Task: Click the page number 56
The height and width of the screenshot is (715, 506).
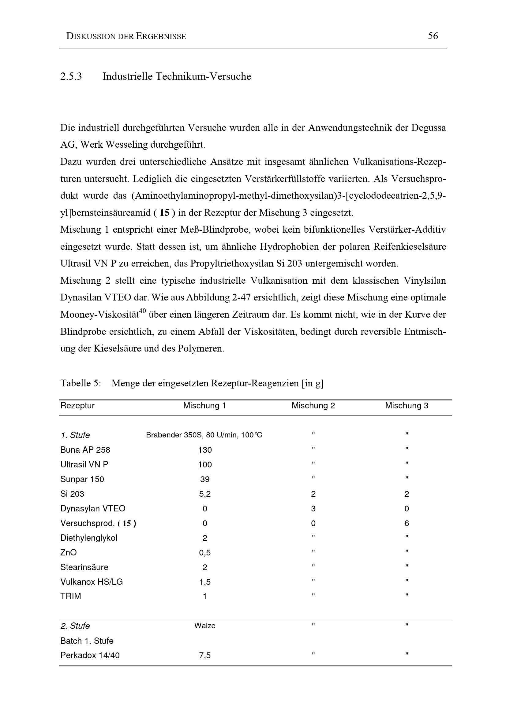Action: tap(433, 36)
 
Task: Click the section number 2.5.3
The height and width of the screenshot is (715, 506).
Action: tap(71, 77)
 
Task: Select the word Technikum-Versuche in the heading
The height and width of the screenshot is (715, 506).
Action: tap(203, 77)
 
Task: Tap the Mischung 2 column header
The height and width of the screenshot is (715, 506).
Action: tap(313, 405)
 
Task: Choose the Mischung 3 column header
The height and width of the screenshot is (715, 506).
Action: tap(407, 405)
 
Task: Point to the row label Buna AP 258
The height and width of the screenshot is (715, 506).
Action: tap(85, 450)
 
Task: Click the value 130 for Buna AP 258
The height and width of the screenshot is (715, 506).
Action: tap(205, 450)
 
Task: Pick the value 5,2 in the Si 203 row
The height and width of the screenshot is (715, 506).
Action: tap(205, 494)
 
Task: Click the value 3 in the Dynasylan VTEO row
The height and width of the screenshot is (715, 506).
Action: tap(313, 509)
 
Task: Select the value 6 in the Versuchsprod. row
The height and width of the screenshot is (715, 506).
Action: tap(407, 523)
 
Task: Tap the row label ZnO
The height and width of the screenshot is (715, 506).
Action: tap(68, 552)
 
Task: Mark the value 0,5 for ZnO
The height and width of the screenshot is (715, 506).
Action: tap(205, 553)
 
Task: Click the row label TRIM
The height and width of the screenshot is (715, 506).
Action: tap(70, 596)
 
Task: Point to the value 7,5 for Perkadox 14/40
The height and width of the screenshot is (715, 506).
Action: tap(205, 655)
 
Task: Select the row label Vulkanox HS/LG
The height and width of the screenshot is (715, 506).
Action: tap(91, 582)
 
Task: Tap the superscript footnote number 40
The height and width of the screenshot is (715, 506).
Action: tap(142, 311)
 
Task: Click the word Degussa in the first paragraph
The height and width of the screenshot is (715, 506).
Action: tap(428, 128)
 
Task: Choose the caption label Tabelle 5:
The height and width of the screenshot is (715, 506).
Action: tap(81, 383)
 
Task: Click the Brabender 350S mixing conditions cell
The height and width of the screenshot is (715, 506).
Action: tap(204, 435)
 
